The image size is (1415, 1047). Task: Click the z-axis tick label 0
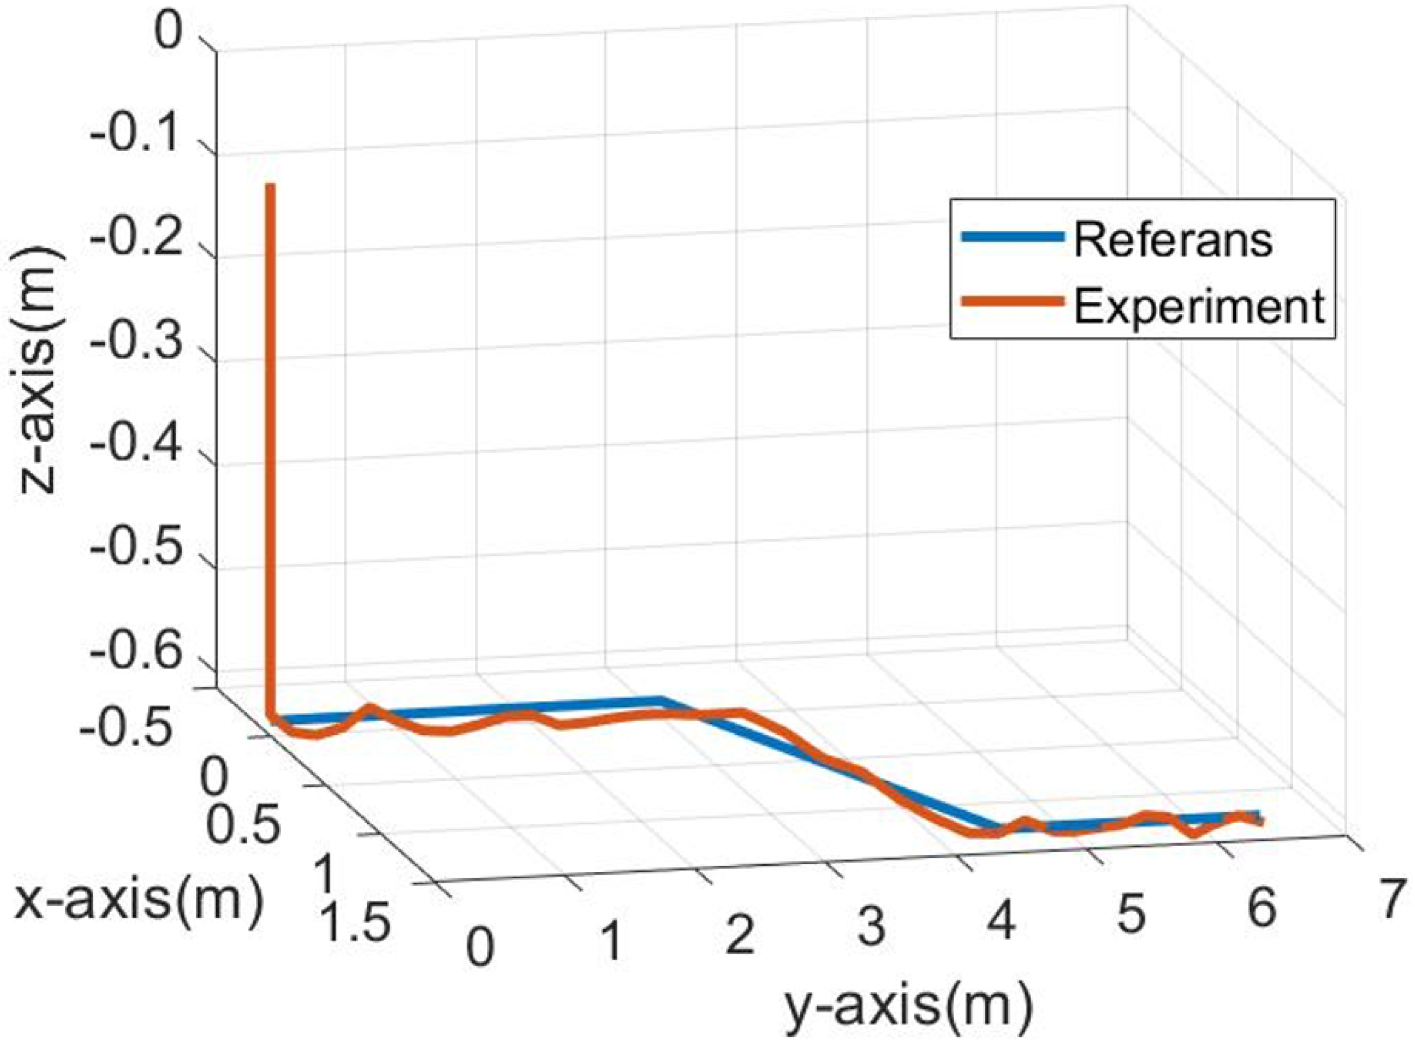169,33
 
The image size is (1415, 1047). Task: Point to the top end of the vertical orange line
271,185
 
